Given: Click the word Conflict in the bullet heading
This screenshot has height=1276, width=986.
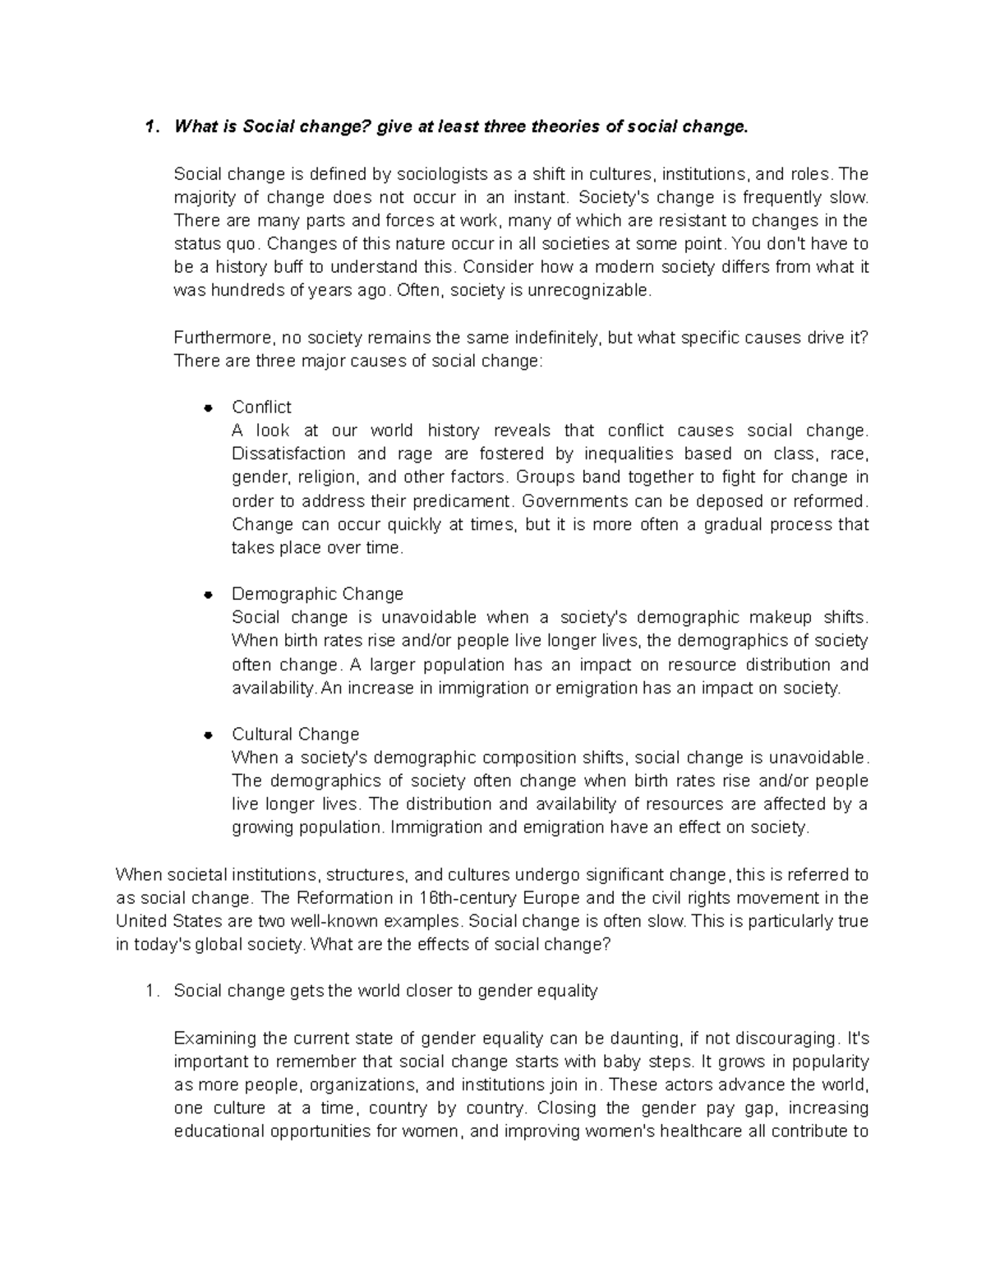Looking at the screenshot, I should point(261,408).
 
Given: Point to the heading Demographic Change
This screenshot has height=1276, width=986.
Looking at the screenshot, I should point(317,594).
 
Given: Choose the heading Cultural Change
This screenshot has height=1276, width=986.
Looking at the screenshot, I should point(295,735).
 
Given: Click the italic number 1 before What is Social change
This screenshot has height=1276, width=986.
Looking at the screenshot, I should point(148,127).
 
